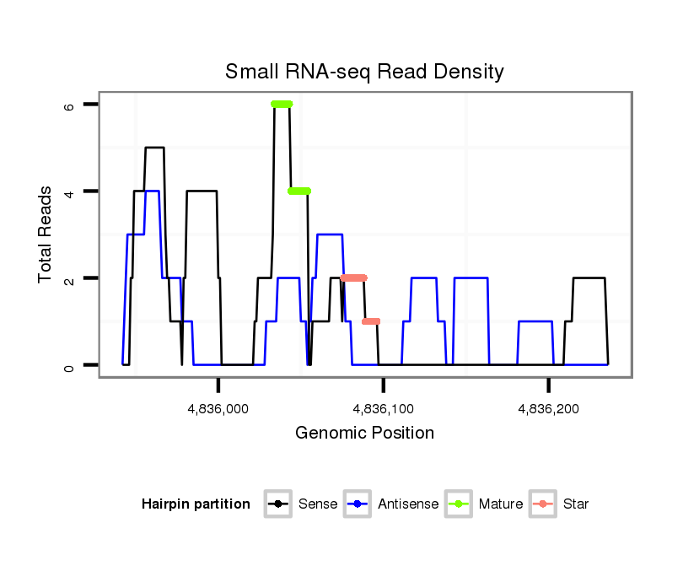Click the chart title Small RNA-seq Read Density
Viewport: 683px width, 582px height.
[x=364, y=72]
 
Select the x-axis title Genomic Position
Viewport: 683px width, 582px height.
[x=364, y=434]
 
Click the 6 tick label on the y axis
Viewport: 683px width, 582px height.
[x=70, y=105]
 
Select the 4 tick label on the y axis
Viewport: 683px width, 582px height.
[x=70, y=191]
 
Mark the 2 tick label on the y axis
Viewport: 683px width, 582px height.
[x=70, y=278]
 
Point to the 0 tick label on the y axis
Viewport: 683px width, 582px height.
[x=70, y=365]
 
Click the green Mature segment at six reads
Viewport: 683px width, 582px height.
[x=282, y=104]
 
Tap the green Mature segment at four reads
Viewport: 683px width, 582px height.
[x=299, y=191]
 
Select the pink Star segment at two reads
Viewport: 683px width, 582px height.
[x=354, y=278]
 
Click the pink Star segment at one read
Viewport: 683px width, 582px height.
[x=371, y=321]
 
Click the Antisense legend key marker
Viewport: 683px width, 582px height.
[x=358, y=504]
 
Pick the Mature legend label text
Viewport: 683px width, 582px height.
[x=501, y=504]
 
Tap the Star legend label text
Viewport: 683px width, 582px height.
[x=575, y=504]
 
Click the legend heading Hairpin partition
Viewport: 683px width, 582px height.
[x=196, y=504]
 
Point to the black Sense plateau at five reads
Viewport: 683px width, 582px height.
[x=154, y=148]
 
